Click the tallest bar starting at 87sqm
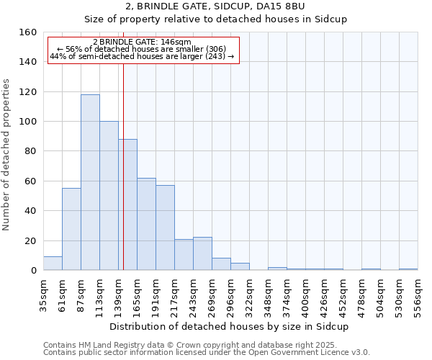pos(90,182)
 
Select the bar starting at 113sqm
pos(109,196)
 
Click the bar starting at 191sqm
pos(165,228)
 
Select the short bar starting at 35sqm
pos(53,264)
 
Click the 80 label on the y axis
pos(30,151)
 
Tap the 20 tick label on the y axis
pos(30,240)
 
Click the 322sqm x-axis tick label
pos(250,294)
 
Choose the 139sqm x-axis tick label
pos(119,294)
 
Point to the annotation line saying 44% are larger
pos(143,56)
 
